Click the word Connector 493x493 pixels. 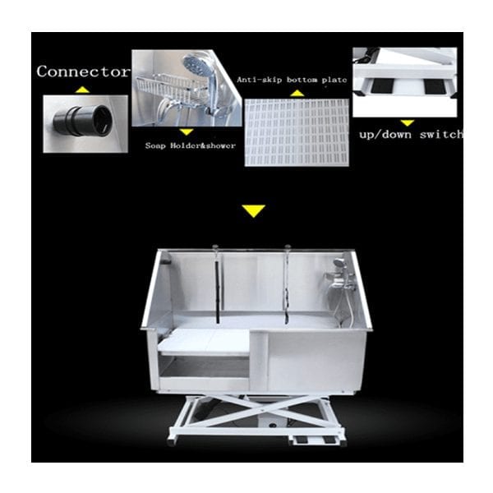point(83,71)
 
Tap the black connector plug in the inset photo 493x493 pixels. point(83,121)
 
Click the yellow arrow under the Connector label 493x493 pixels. point(82,90)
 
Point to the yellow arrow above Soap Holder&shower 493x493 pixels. point(187,132)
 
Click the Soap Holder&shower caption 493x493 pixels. point(191,146)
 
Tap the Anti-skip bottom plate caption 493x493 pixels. point(292,80)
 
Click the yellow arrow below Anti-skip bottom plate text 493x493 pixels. point(297,94)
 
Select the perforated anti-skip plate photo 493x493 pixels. point(297,132)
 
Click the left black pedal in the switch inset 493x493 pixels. point(382,85)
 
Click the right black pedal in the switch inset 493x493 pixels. point(435,85)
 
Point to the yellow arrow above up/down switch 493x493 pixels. point(408,122)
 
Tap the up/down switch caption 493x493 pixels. point(411,135)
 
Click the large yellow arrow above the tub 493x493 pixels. point(254,211)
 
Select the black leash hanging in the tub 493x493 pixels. point(217,291)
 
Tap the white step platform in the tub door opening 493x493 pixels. point(204,342)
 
